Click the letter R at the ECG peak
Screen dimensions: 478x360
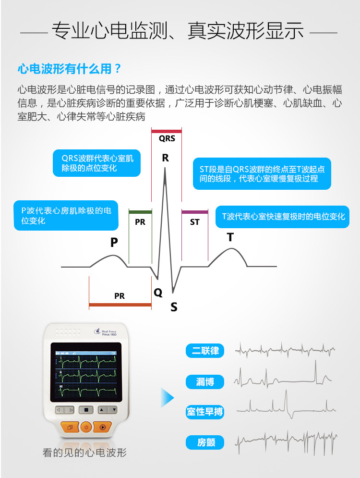pyautogui.click(x=166, y=158)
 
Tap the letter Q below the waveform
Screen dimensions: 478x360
pyautogui.click(x=158, y=292)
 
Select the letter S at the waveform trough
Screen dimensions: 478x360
pyautogui.click(x=174, y=307)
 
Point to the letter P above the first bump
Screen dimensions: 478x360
pyautogui.click(x=114, y=243)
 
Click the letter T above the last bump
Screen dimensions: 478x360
pyautogui.click(x=230, y=237)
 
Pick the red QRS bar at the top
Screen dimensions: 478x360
pyautogui.click(x=167, y=131)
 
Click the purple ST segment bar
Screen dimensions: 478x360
pyautogui.click(x=194, y=212)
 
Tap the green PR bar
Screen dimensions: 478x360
pyautogui.click(x=140, y=212)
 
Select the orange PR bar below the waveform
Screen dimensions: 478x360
pyautogui.click(x=120, y=305)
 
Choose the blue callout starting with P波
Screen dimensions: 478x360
pyautogui.click(x=66, y=215)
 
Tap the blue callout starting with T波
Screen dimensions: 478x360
pyautogui.click(x=283, y=217)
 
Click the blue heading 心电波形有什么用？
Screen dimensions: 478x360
pyautogui.click(x=70, y=69)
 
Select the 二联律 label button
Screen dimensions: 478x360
pyautogui.click(x=205, y=351)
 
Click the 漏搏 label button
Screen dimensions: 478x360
pyautogui.click(x=205, y=382)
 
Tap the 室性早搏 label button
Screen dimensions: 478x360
pyautogui.click(x=205, y=412)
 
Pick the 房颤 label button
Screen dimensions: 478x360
pyautogui.click(x=205, y=442)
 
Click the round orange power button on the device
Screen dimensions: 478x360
pyautogui.click(x=85, y=426)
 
